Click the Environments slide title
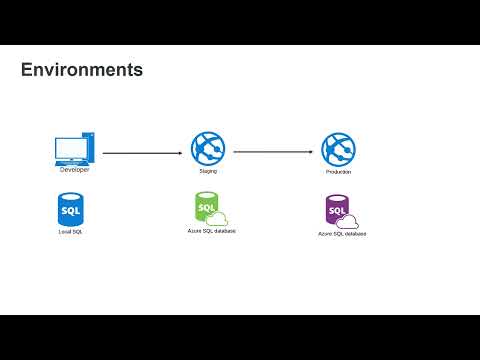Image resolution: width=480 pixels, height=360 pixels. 82,70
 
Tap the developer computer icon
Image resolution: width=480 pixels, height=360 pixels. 75,149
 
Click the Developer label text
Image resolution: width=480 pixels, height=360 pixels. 74,170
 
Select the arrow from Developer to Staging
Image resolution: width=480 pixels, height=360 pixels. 143,153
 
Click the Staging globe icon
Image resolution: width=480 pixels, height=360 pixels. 208,148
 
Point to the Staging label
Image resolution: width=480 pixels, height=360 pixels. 208,171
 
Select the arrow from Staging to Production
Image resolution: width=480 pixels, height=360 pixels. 273,152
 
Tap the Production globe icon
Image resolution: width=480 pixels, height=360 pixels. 338,149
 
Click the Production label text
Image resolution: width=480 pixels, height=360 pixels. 338,172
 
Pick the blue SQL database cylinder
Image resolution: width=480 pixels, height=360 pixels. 71,210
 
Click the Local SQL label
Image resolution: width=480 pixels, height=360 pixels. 70,232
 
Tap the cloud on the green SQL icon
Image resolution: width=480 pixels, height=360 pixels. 217,219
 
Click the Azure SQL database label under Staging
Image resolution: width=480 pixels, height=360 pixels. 212,231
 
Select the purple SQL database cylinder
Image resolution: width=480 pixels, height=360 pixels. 337,210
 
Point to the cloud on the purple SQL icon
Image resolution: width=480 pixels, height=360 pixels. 347,222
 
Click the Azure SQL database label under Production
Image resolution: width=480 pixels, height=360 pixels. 342,234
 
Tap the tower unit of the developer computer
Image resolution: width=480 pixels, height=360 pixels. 89,147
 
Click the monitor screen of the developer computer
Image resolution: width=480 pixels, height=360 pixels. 71,149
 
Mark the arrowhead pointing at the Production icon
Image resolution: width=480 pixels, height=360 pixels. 311,152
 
